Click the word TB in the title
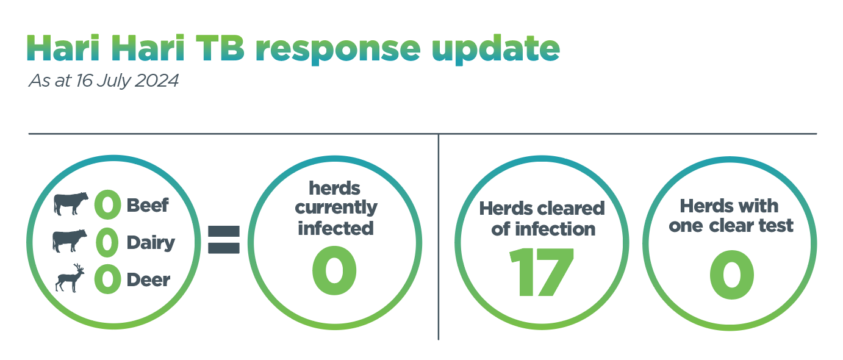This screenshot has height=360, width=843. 220,48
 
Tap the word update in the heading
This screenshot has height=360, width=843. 496,50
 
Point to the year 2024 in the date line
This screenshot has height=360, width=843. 157,81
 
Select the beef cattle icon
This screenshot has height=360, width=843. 71,203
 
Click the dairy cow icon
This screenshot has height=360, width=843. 70,240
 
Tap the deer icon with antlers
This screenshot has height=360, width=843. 70,278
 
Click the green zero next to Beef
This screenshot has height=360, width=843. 107,204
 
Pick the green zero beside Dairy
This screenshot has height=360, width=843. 107,242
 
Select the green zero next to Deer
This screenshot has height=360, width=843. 107,279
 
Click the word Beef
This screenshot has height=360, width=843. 148,205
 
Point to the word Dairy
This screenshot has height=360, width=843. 151,243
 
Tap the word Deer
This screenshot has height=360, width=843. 148,280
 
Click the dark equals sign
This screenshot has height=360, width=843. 224,240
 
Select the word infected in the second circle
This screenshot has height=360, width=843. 335,228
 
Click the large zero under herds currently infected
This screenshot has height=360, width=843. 334,270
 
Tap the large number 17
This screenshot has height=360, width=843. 541,272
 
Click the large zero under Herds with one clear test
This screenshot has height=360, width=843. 732,275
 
